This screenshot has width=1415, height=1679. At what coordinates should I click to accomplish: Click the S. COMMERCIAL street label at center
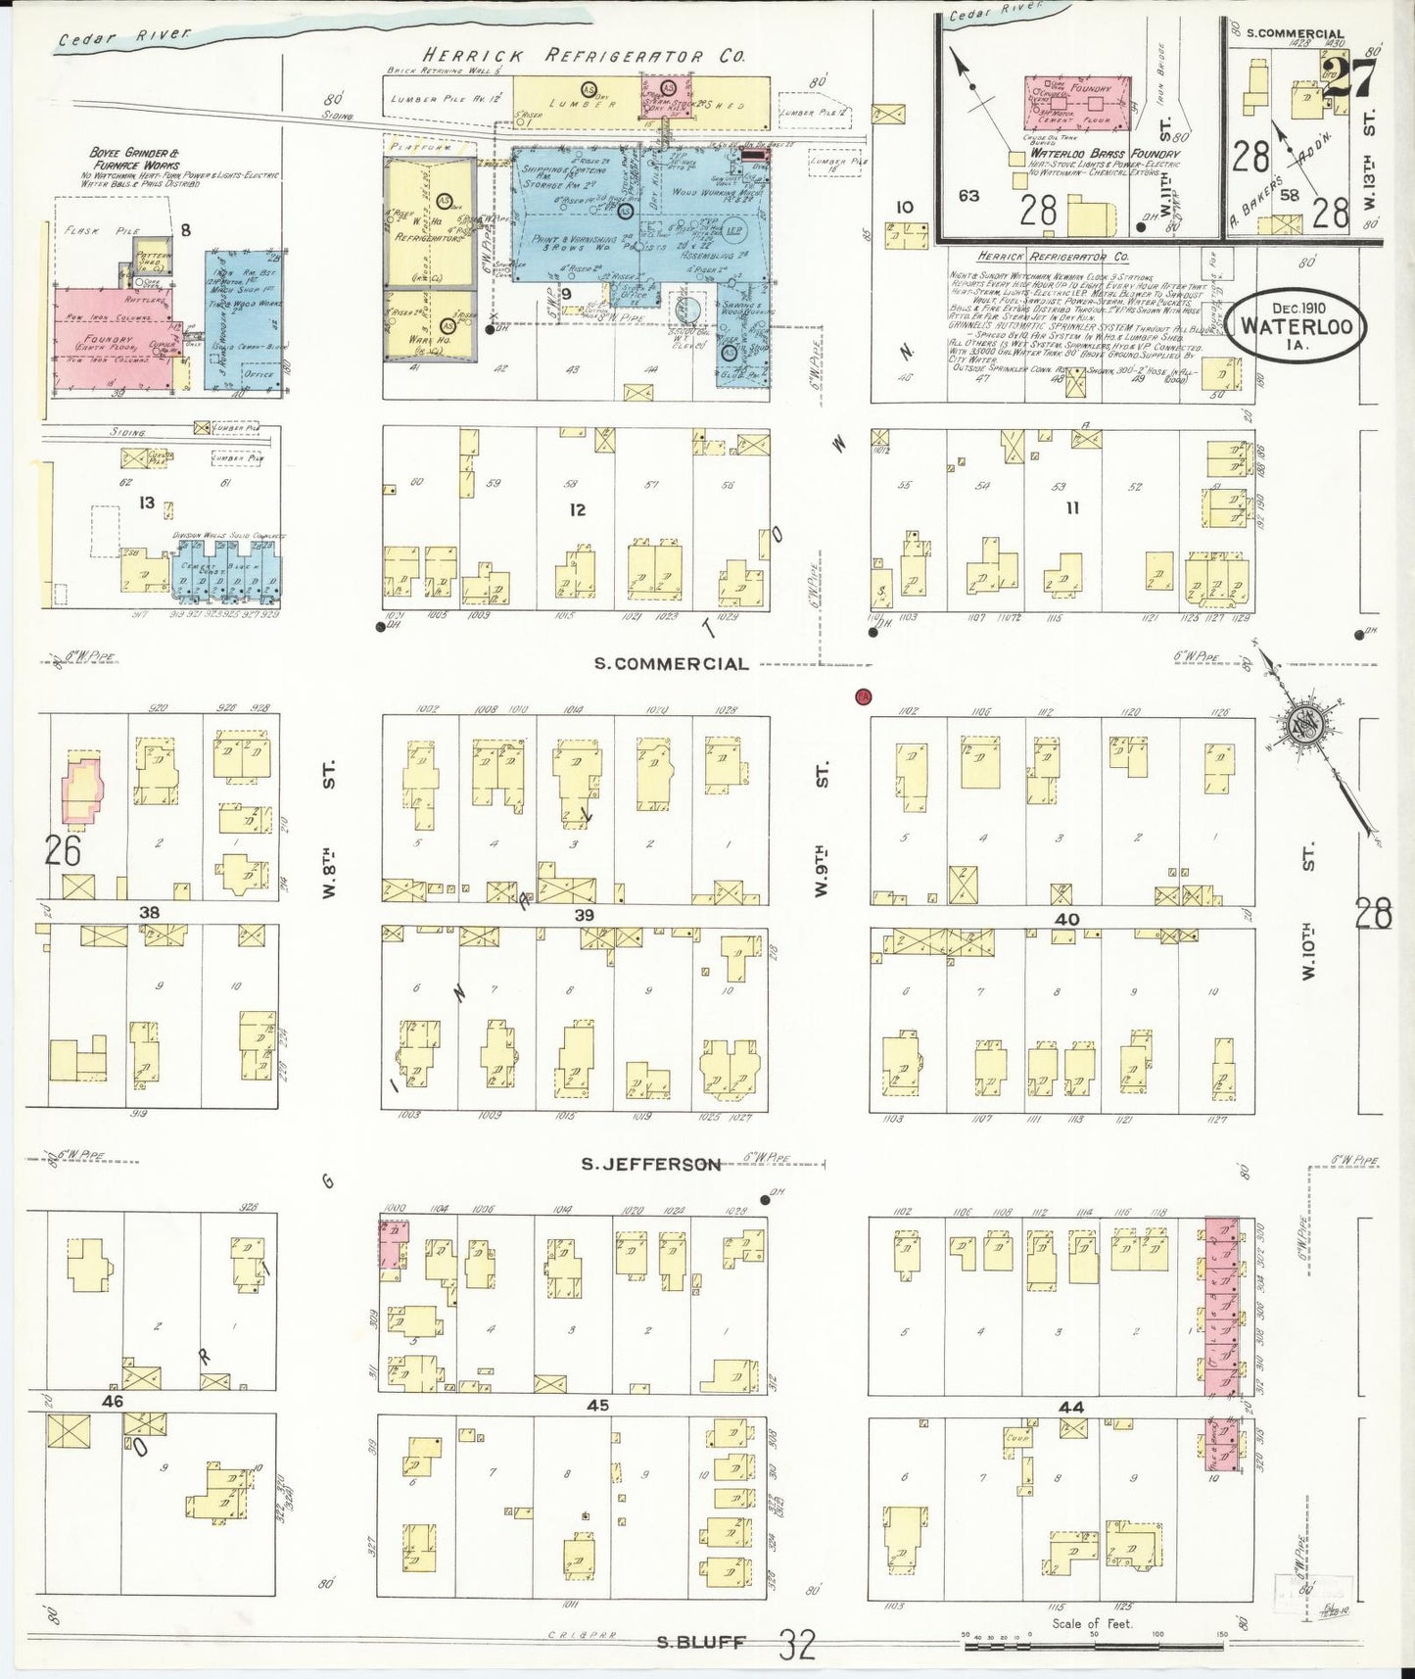coord(672,663)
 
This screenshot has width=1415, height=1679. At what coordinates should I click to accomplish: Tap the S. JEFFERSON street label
coord(650,1164)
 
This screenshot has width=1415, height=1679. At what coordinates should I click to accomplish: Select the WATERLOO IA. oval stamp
coord(1298,325)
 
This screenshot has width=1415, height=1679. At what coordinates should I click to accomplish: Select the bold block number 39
coord(585,914)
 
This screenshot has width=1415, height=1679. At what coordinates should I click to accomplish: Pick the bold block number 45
coord(597,1405)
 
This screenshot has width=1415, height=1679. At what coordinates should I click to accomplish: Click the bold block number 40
coord(1066,919)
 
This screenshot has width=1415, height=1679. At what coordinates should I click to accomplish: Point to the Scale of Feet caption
coord(1092,1623)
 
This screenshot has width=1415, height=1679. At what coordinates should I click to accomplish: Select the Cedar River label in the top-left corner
coord(123,36)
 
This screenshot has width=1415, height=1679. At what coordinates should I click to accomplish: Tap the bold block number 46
coord(113,1401)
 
